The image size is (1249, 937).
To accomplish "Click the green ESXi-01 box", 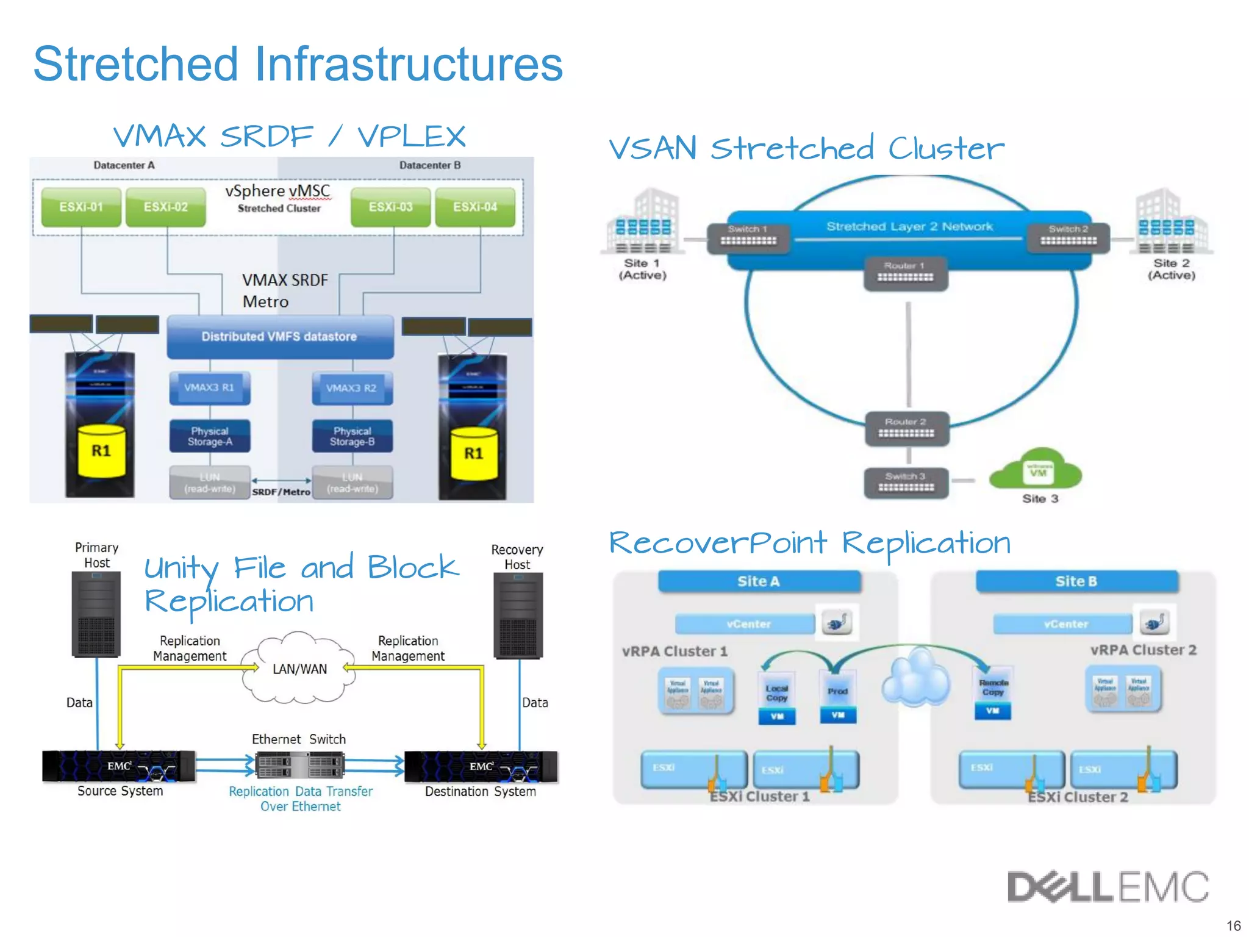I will click(x=81, y=207).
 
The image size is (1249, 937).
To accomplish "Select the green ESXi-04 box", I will click(x=475, y=207).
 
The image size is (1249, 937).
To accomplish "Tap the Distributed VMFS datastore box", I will click(x=280, y=337).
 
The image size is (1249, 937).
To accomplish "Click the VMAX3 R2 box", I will click(x=352, y=389).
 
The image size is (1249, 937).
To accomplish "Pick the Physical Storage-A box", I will click(x=210, y=436).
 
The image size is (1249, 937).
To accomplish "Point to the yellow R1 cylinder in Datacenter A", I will click(x=101, y=452).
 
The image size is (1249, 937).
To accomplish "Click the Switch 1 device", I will click(x=748, y=237).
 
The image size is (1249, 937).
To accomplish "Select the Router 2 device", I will click(x=906, y=429).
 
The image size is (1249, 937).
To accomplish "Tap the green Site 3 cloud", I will click(x=1037, y=470).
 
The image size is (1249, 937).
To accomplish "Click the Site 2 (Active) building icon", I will click(x=1170, y=222).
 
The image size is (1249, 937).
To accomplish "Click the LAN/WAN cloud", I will click(x=299, y=669).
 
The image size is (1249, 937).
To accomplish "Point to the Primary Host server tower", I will click(x=96, y=614).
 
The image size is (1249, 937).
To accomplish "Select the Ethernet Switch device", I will click(x=299, y=765).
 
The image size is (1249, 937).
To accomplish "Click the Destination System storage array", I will click(x=481, y=766).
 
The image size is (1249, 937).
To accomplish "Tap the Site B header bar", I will click(x=1076, y=581).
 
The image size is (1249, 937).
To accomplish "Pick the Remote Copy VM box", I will click(x=993, y=694).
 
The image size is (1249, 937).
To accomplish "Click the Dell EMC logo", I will click(x=1108, y=887).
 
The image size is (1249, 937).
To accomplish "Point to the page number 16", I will click(x=1233, y=925).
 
